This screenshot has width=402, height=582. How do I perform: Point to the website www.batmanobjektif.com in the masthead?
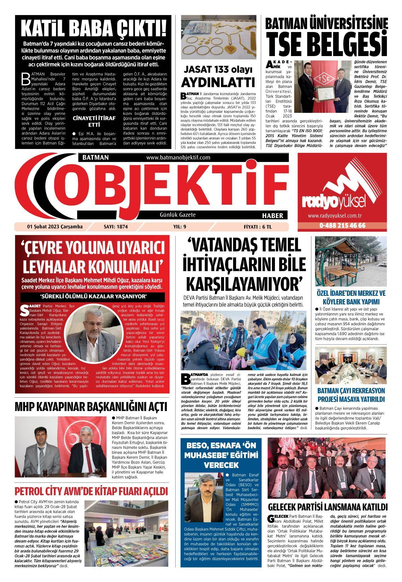(178, 157)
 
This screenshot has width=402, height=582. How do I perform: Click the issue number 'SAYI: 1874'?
(116, 227)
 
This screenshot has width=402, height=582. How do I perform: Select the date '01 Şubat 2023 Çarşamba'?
(55, 227)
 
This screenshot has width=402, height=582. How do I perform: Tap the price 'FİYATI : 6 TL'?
(258, 227)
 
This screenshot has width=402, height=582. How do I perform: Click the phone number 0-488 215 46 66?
(342, 226)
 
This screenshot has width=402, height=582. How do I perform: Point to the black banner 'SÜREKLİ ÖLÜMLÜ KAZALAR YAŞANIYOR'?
(93, 297)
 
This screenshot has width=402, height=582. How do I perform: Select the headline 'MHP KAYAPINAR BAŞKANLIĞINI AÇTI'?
(91, 407)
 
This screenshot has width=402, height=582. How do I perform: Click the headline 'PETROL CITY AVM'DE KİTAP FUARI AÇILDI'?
(91, 491)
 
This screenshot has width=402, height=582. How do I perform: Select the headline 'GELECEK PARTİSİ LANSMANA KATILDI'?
(328, 507)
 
